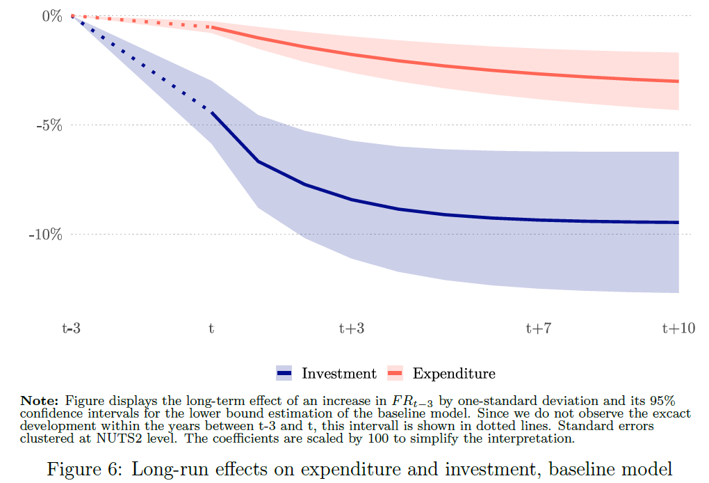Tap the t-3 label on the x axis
pyautogui.click(x=71, y=328)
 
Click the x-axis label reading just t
pyautogui.click(x=211, y=328)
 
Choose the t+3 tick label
pyautogui.click(x=351, y=328)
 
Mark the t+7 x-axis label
pyautogui.click(x=538, y=328)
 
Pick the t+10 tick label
pyautogui.click(x=678, y=328)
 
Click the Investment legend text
pyautogui.click(x=339, y=374)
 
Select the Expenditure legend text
pyautogui.click(x=454, y=374)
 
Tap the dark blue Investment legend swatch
pyautogui.click(x=284, y=374)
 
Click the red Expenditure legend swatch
pyautogui.click(x=395, y=374)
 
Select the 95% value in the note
pyautogui.click(x=665, y=401)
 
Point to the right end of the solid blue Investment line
pyautogui.click(x=678, y=223)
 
